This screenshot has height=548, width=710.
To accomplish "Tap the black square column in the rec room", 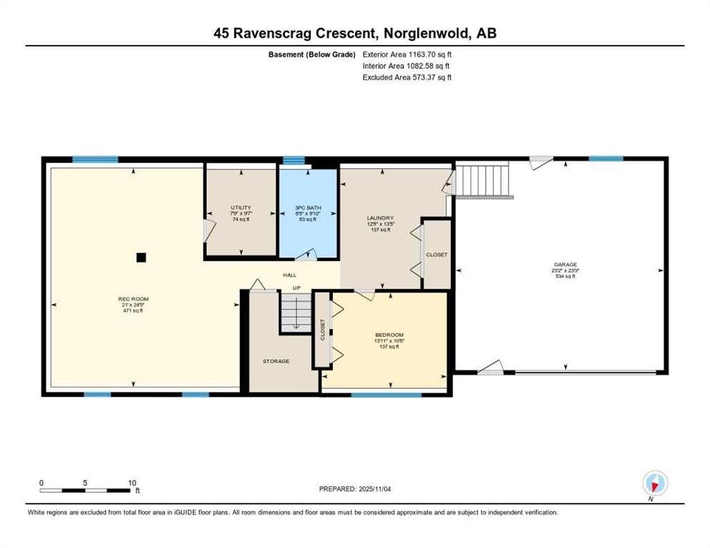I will pyautogui.click(x=141, y=257).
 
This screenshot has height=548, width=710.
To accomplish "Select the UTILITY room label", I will pyautogui.click(x=240, y=208).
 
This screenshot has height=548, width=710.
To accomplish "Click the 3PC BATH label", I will pyautogui.click(x=309, y=208).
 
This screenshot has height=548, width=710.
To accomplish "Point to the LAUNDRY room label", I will pyautogui.click(x=380, y=218).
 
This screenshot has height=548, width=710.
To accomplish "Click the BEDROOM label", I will pyautogui.click(x=389, y=335).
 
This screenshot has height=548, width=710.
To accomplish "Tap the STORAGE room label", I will pyautogui.click(x=276, y=361).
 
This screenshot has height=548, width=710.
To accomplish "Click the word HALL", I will pyautogui.click(x=289, y=275).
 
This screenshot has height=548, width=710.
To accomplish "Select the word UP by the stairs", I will pyautogui.click(x=295, y=288).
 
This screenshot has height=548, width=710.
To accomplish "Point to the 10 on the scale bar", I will pyautogui.click(x=132, y=482).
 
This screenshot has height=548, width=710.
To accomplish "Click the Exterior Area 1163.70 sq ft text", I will pyautogui.click(x=407, y=54).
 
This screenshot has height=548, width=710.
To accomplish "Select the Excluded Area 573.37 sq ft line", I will pyautogui.click(x=407, y=77).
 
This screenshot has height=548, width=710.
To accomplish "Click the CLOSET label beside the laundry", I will pyautogui.click(x=436, y=255).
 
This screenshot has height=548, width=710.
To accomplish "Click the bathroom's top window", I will pyautogui.click(x=293, y=160).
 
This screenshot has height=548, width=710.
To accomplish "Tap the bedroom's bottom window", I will pyautogui.click(x=386, y=394).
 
